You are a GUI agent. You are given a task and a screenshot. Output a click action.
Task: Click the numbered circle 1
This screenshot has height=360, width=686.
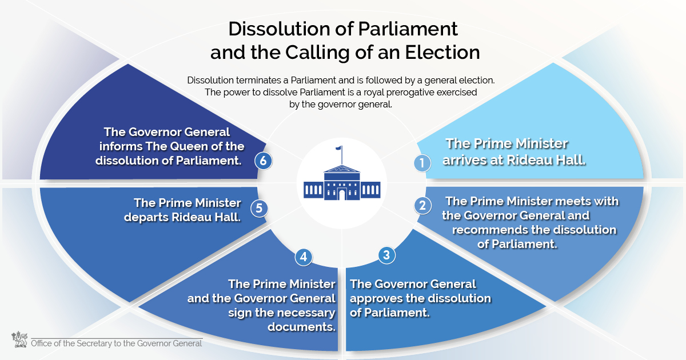click(422, 163)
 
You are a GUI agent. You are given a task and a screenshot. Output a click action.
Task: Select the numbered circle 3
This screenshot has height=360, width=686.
click(386, 255)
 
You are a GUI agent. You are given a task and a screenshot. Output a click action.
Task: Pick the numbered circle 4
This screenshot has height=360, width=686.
click(304, 257)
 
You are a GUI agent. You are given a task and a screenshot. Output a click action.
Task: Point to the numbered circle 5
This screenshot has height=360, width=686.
click(259, 208)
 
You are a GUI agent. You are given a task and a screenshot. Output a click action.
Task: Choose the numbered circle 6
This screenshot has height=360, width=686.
click(263, 161)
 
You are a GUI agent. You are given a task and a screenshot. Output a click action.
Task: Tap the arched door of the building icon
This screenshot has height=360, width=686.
click(342, 194)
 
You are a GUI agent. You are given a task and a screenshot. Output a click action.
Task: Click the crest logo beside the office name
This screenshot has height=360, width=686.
click(18, 339)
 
